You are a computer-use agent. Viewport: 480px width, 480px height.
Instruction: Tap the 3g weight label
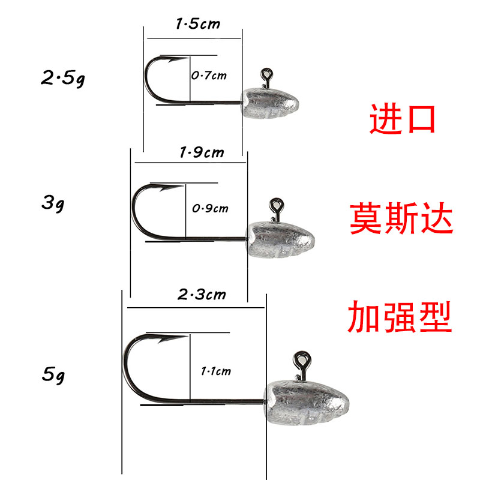(x=53, y=203)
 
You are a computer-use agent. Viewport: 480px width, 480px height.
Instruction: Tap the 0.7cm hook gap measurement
(x=209, y=76)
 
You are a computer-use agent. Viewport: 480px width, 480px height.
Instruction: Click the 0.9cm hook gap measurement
(x=210, y=209)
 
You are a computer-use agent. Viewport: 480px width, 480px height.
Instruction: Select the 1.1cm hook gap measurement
(x=215, y=371)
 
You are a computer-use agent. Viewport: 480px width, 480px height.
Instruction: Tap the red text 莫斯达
(x=401, y=220)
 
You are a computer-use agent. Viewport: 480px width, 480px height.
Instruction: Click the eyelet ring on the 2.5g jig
(x=267, y=75)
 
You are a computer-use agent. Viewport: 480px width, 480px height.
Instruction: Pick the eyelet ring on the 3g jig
(x=276, y=207)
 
